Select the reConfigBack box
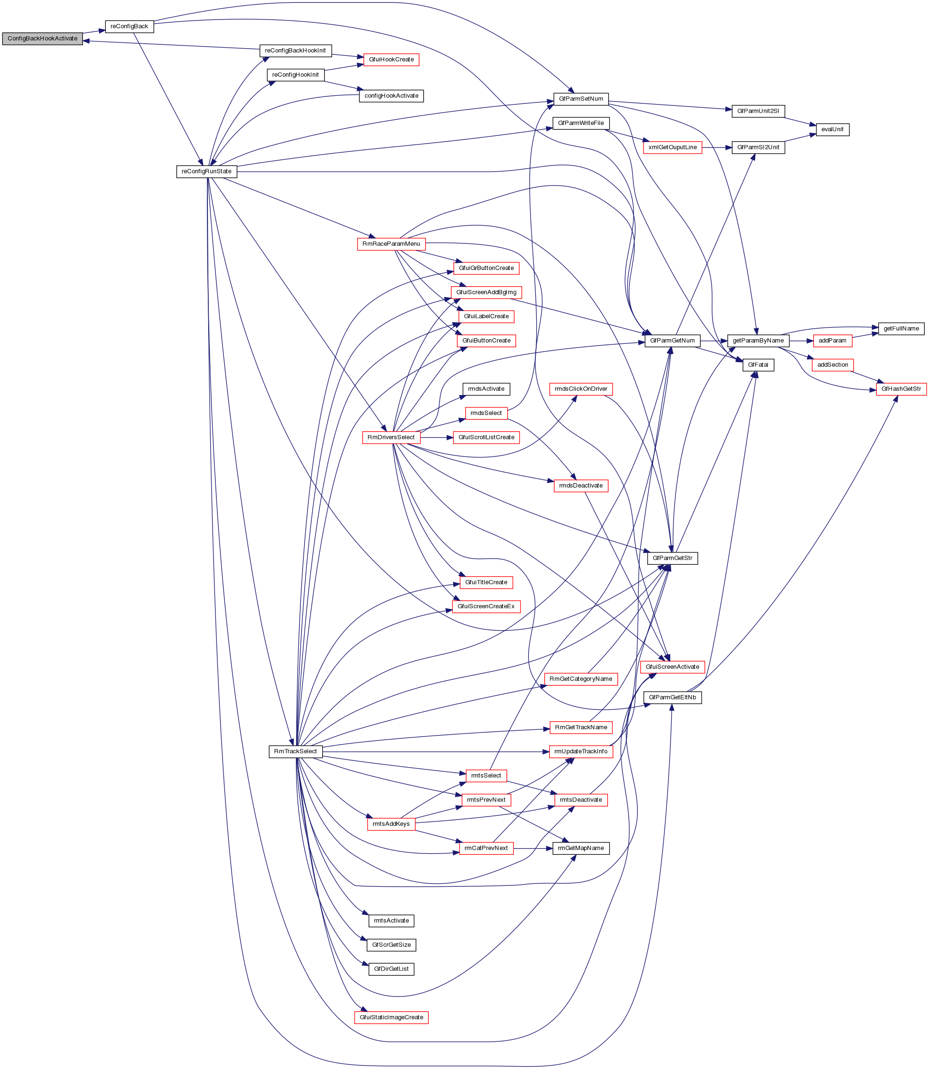tap(129, 26)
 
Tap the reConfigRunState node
tap(206, 171)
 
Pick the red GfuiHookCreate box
tap(391, 60)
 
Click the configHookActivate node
tap(391, 96)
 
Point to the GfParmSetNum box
tap(581, 99)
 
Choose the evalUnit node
tap(832, 129)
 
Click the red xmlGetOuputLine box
tap(673, 147)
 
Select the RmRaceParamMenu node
tap(391, 244)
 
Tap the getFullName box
tap(901, 328)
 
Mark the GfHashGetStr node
tap(901, 389)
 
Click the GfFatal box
tap(758, 364)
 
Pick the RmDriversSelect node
tap(391, 437)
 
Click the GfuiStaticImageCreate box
tap(391, 1017)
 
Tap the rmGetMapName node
tap(581, 848)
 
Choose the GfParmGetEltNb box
tap(673, 697)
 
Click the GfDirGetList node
tap(391, 969)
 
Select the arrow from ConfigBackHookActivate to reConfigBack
tap(94, 32)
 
